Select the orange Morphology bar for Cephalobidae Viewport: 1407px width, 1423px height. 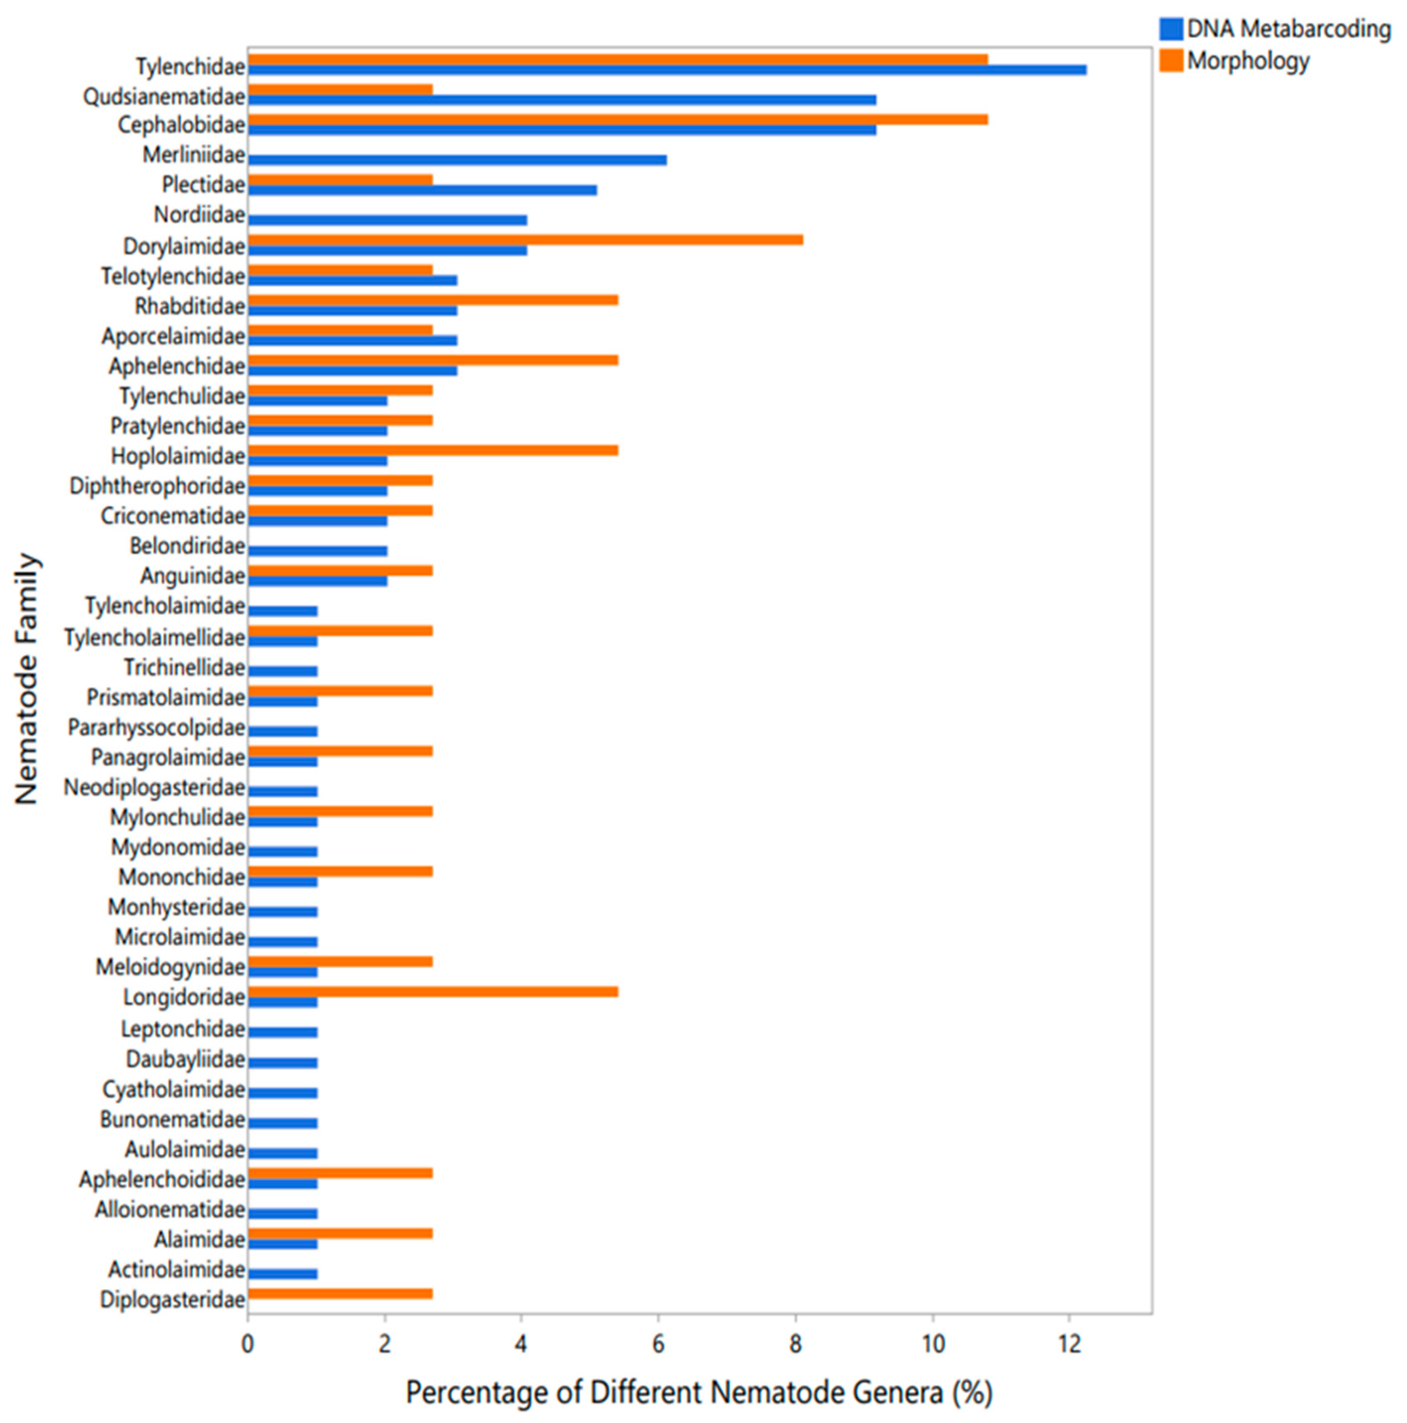coord(617,120)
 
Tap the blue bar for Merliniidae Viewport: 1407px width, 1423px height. coord(457,160)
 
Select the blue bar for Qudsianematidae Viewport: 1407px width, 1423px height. coord(561,100)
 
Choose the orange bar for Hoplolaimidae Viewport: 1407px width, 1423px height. coord(433,451)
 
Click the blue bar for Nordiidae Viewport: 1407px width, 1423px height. coord(387,220)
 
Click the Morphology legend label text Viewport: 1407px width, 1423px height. coord(1248,61)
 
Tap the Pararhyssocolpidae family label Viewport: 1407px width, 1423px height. coord(156,728)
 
